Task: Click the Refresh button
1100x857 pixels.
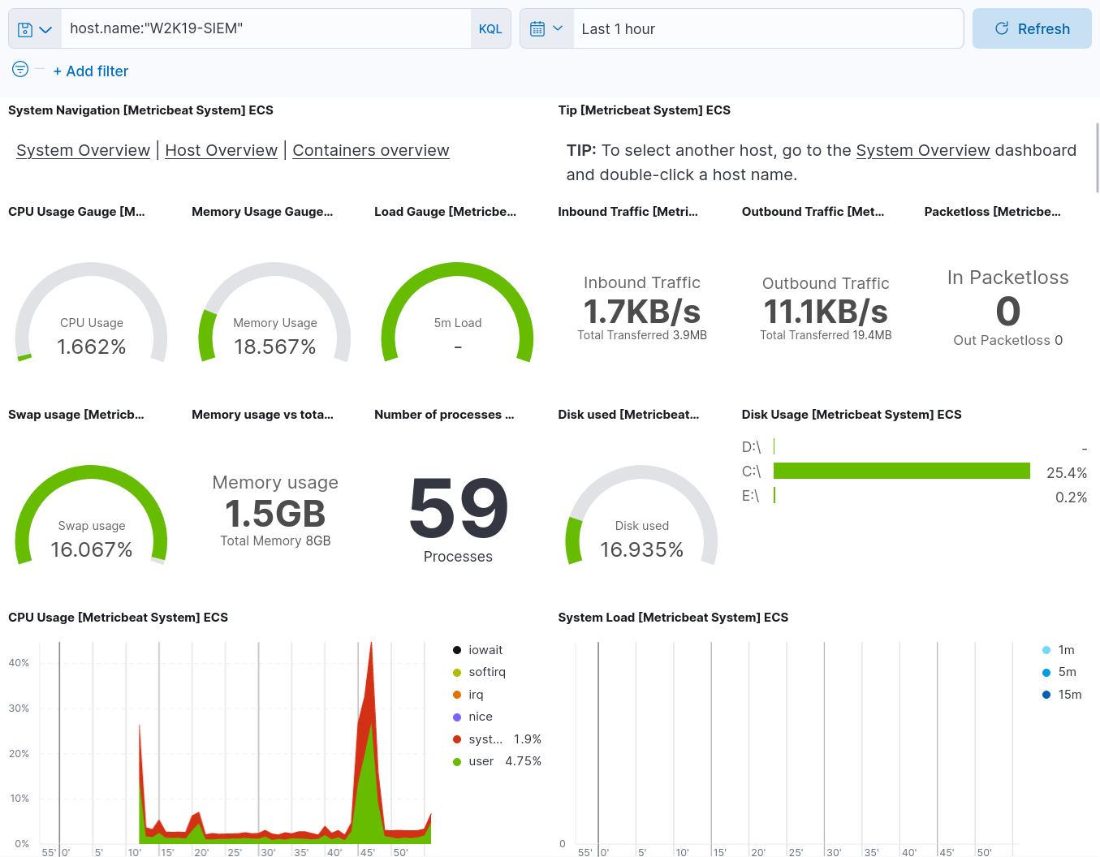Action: click(x=1032, y=29)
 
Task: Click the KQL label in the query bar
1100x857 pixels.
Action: click(x=490, y=29)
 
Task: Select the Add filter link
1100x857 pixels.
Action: click(x=91, y=71)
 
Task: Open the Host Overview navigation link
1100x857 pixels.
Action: click(x=221, y=150)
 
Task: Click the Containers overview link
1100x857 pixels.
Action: click(x=370, y=150)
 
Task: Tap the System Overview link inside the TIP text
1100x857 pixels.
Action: click(x=922, y=150)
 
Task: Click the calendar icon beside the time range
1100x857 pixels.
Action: click(x=537, y=29)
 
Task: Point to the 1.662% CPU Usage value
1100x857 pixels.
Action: click(x=92, y=347)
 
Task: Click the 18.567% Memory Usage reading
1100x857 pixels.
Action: click(x=275, y=347)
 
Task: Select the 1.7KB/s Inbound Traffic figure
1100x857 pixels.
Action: click(x=641, y=312)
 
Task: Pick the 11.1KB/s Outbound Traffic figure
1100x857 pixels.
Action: click(x=826, y=312)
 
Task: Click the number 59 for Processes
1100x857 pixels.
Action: click(x=459, y=509)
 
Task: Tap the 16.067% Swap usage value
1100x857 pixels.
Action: click(x=92, y=549)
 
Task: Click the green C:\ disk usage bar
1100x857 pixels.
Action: click(x=901, y=471)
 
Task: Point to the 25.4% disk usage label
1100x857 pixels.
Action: click(x=1066, y=472)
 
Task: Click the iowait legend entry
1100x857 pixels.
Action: click(x=485, y=650)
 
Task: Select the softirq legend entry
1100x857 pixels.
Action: click(x=486, y=672)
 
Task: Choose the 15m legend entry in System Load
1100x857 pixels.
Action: click(x=1069, y=695)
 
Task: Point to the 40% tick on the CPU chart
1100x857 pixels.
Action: click(x=19, y=663)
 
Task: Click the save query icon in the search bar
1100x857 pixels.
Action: click(x=25, y=29)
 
